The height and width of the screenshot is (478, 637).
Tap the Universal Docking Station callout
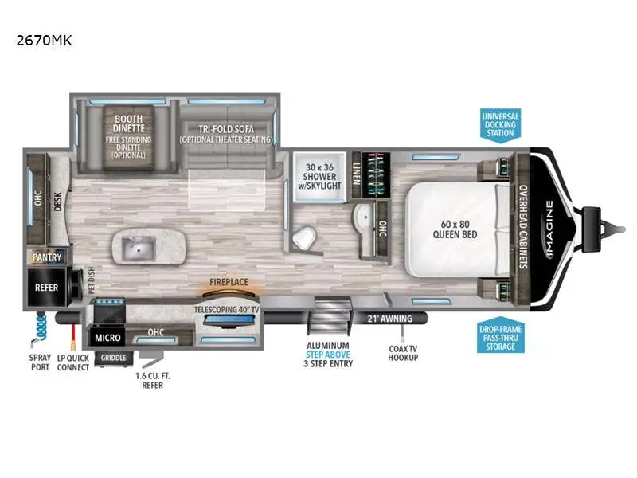(500, 125)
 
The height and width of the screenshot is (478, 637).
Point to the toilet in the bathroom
(303, 238)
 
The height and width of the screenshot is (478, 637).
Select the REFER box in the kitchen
(46, 287)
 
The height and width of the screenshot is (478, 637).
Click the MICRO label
(108, 338)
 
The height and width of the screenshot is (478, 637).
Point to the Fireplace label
(229, 282)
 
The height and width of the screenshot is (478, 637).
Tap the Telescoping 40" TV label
(229, 308)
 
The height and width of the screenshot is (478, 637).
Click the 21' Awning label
(389, 319)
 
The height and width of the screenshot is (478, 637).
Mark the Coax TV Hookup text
(404, 352)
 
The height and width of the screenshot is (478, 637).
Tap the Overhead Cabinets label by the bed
(523, 226)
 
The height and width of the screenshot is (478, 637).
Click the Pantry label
(47, 257)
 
